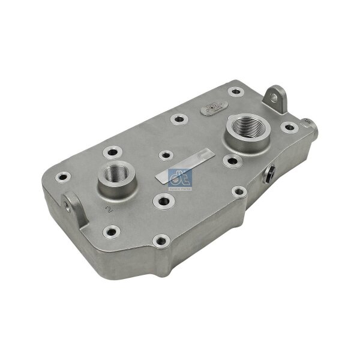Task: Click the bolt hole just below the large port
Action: [x=230, y=160]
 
